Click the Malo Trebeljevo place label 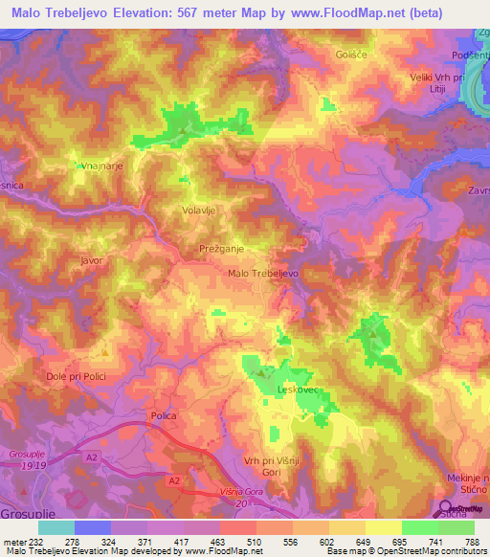point(263,273)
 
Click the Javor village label point(92,259)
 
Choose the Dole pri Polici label point(78,377)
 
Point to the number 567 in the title point(218,14)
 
